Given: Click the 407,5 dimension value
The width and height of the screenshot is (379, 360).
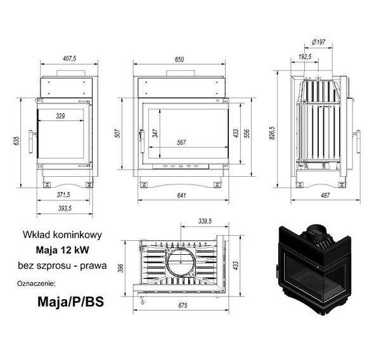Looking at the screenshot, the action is point(70,58).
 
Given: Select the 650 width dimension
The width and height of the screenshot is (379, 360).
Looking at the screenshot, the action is point(179,60).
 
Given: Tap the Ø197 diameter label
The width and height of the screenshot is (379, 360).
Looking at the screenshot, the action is point(318,42).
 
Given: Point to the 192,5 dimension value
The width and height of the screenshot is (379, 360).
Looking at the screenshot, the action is point(305,57).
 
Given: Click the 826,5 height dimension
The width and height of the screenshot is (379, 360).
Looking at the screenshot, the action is point(272,132).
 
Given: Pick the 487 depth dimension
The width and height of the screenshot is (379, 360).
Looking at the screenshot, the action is point(325,195).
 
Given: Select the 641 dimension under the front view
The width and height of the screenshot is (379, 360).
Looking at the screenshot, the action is point(181,195).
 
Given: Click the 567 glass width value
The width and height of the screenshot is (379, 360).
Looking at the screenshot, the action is point(181,143).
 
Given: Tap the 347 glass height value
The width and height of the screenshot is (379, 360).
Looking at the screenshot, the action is point(155,133).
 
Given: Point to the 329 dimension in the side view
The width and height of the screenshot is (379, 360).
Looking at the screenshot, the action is point(60,116).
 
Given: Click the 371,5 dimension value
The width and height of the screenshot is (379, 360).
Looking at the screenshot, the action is point(63,195).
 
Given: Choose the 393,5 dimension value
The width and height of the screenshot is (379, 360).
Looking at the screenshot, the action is point(65,209).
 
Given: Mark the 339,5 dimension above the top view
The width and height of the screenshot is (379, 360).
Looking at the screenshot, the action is point(205,221).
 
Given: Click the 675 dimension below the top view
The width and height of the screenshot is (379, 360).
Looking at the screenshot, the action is point(183,305).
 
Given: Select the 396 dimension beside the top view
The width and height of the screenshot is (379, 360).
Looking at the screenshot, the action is point(120,268).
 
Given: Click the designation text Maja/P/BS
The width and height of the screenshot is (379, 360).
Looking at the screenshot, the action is point(70,302).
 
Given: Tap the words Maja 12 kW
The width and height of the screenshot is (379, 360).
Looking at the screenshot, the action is point(62,250).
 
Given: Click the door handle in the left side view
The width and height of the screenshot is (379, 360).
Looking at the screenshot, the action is point(32,142).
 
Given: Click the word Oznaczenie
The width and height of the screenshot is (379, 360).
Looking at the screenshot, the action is point(36,283).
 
